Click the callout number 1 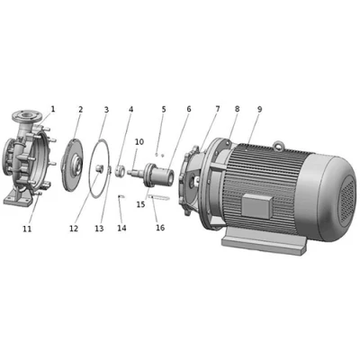pos(52,109)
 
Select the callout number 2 pos(80,109)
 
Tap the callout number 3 pos(105,109)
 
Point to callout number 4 pos(130,109)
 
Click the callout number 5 pos(164,109)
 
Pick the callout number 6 pos(189,109)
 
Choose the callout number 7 pos(217,109)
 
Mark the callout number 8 pos(237,109)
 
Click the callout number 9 pos(259,109)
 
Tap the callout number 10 pos(139,141)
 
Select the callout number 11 pos(27,229)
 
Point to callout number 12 pos(74,229)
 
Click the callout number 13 pos(99,229)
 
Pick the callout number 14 pos(121,229)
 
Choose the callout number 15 pos(140,205)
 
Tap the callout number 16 pos(160,229)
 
